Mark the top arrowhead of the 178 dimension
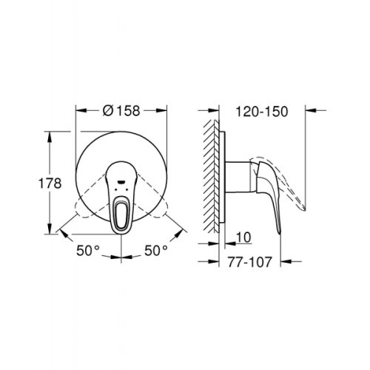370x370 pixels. pos(50,134)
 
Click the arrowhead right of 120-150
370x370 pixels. pos(312,112)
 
